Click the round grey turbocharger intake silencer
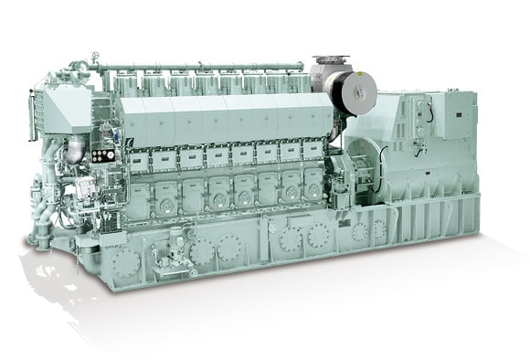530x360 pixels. (351, 87)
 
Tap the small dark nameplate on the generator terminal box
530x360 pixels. (452, 123)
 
